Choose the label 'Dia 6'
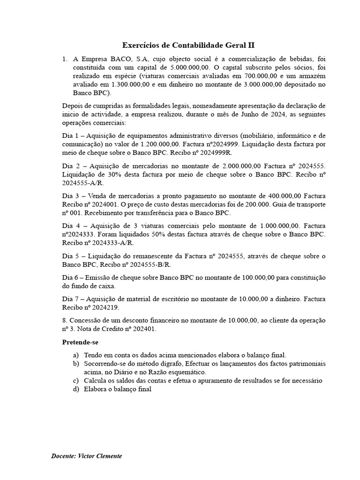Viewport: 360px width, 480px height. pyautogui.click(x=71, y=277)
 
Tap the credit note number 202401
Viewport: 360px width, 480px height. pyautogui.click(x=141, y=329)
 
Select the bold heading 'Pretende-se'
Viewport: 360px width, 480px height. pyautogui.click(x=80, y=342)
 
